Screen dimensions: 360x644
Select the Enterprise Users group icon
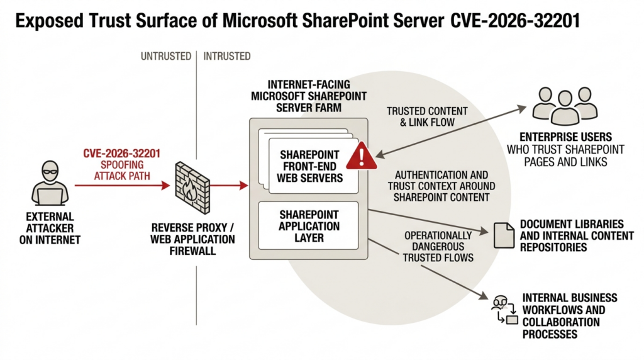[565, 104]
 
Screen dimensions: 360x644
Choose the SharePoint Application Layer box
[309, 225]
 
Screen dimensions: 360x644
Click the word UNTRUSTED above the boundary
[166, 56]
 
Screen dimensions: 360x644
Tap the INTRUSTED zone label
[227, 56]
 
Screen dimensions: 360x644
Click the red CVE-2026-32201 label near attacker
[122, 153]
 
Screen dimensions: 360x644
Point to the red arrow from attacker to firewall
[122, 185]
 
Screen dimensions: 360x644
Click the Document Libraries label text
[572, 224]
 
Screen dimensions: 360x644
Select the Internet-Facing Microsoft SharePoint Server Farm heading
[309, 96]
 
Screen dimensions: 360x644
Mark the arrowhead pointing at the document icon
[484, 232]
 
